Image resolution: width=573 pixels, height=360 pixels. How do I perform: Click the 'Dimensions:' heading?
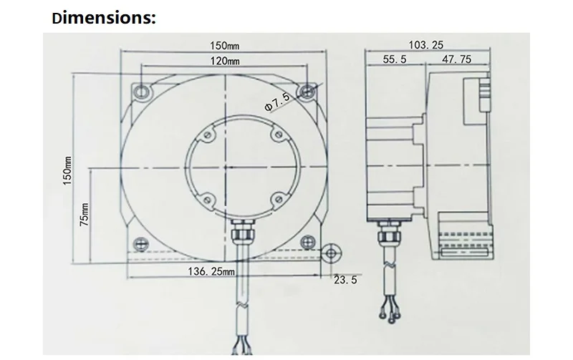tap(104, 18)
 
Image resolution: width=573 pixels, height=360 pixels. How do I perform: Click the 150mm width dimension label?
tap(224, 46)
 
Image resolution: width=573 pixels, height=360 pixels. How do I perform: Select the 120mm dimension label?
tap(225, 61)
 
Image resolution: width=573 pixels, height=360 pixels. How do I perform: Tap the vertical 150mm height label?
tap(67, 170)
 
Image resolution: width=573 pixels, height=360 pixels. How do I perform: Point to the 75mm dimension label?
tap(85, 214)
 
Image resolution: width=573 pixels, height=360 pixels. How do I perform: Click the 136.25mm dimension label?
tap(211, 271)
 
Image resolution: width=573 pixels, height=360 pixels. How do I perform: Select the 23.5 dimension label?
tap(345, 280)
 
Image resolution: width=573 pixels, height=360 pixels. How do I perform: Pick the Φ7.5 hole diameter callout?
tap(277, 101)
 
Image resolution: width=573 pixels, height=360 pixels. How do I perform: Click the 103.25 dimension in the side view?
tap(425, 45)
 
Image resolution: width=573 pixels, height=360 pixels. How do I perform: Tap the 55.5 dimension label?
tap(395, 59)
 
